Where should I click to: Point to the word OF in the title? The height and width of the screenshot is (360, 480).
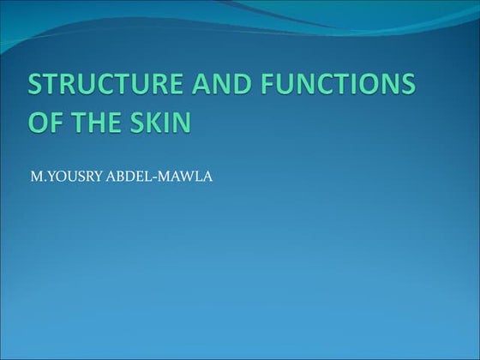pyautogui.click(x=45, y=121)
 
